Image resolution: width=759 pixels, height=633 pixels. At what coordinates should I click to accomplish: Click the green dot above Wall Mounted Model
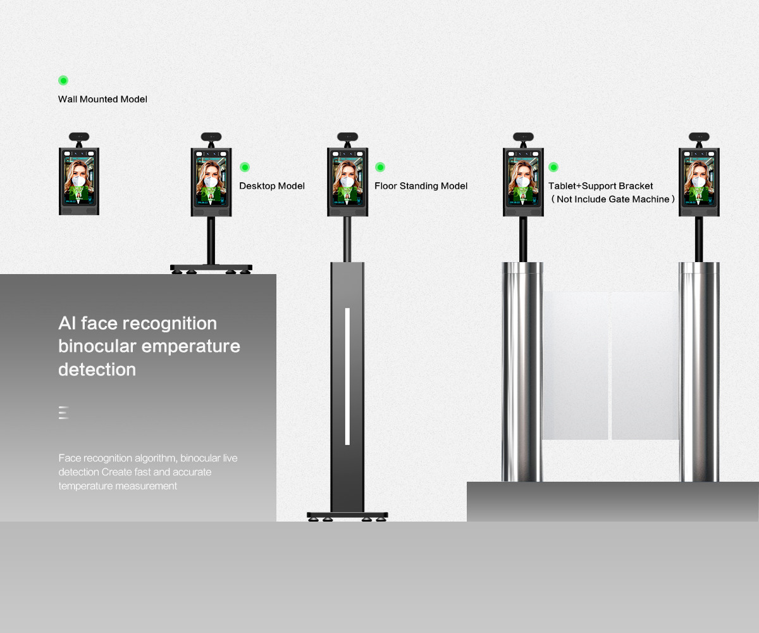[63, 80]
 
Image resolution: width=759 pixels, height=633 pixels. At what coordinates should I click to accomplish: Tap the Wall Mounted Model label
[102, 99]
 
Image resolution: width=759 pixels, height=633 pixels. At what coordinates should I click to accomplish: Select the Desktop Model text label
[272, 186]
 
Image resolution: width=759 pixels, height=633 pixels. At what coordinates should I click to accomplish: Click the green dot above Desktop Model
[245, 167]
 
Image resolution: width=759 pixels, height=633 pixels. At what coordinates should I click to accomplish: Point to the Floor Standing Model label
[421, 186]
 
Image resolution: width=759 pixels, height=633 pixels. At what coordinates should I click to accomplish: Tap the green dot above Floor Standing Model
[380, 167]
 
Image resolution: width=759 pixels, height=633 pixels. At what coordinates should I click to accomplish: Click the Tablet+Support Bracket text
[600, 186]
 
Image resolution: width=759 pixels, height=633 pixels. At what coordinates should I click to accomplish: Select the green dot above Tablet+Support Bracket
[553, 167]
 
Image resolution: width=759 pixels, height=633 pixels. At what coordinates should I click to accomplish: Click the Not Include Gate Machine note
[612, 199]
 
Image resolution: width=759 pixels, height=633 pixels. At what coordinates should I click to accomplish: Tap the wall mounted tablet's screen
[79, 180]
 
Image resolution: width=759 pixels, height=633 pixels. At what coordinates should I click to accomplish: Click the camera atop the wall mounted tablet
[79, 137]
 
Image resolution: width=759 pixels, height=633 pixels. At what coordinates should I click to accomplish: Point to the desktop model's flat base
[211, 268]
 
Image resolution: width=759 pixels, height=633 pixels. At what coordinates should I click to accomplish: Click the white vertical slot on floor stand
[347, 376]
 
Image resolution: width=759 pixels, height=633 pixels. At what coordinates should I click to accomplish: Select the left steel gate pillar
[522, 372]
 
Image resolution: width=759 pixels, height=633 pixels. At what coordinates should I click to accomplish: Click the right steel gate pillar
[699, 372]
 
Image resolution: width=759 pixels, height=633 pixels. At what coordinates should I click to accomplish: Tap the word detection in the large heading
[97, 370]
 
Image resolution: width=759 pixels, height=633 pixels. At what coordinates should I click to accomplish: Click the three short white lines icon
[64, 413]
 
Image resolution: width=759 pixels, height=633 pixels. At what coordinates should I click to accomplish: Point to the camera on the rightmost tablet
[699, 137]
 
